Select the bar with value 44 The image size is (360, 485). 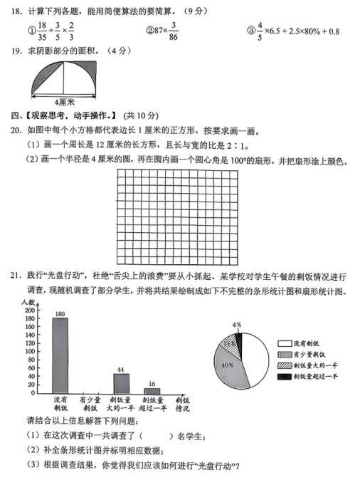pyautogui.click(x=121, y=383)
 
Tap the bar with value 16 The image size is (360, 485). pyautogui.click(x=152, y=390)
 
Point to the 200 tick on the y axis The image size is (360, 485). pyautogui.click(x=30, y=312)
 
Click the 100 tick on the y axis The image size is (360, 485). pyautogui.click(x=30, y=352)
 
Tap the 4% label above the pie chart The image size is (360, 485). pyautogui.click(x=237, y=325)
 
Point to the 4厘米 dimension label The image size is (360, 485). pyautogui.click(x=64, y=102)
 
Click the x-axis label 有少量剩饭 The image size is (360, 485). pyautogui.click(x=90, y=405)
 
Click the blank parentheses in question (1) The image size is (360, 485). pyautogui.click(x=157, y=436)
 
